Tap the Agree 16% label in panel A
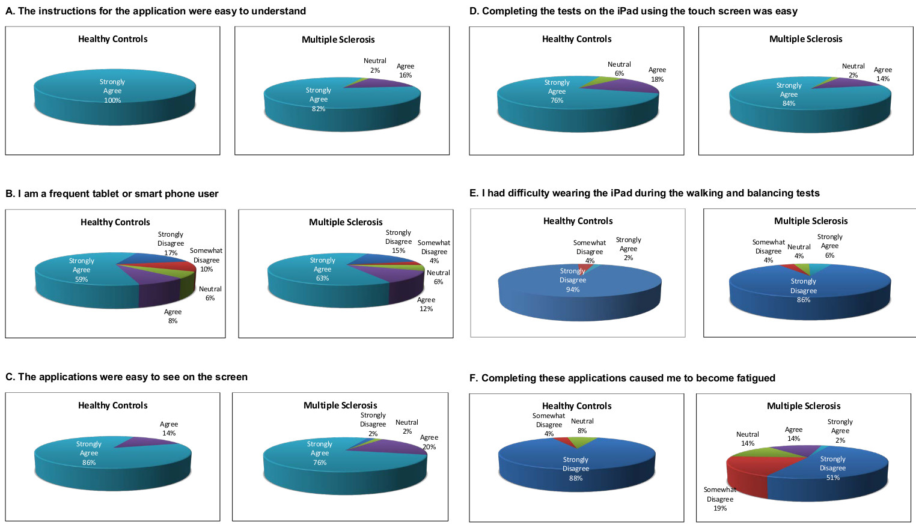tap(405, 71)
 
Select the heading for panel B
tap(112, 193)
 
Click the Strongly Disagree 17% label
tap(171, 243)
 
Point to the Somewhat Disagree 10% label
tap(206, 260)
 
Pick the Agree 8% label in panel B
tap(173, 317)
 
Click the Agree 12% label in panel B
tap(426, 305)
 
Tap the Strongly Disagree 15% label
tap(398, 241)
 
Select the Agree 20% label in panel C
tap(429, 442)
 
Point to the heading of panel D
tap(634, 11)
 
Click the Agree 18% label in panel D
tap(657, 74)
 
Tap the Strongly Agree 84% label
tap(789, 94)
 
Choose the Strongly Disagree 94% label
tap(573, 280)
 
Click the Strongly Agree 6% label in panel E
tap(829, 246)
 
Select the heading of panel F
tap(622, 378)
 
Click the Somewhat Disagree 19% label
tap(720, 499)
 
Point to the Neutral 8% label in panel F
tap(582, 426)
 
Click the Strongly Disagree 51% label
tap(832, 468)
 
